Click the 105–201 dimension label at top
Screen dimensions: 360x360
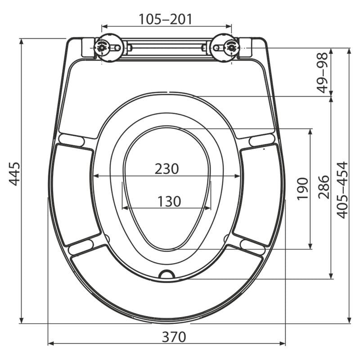click(165, 19)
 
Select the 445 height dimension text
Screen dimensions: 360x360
click(15, 174)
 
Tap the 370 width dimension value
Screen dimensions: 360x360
click(174, 336)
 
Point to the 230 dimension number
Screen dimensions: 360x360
click(166, 169)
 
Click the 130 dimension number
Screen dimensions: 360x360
click(169, 201)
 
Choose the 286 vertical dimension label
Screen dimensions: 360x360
click(323, 187)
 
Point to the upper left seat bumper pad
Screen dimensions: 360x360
click(72, 140)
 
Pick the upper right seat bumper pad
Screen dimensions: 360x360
click(262, 140)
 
